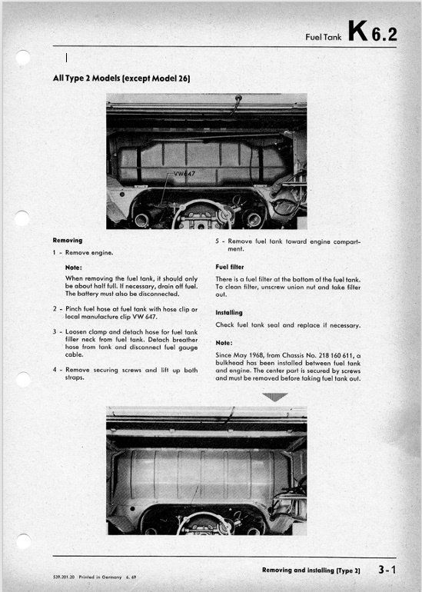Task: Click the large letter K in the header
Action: coord(357,31)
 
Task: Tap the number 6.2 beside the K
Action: coord(384,35)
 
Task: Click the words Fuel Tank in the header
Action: coord(323,37)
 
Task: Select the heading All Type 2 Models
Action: coord(121,78)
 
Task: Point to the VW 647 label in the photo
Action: coord(184,174)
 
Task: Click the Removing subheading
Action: coord(68,240)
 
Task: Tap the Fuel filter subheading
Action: coord(230,267)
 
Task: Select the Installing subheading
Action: coord(229,313)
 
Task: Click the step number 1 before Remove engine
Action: coord(55,253)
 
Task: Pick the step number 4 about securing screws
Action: coord(55,370)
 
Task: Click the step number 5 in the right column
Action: coord(218,241)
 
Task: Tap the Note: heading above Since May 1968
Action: coord(224,343)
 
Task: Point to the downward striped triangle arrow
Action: coord(274,397)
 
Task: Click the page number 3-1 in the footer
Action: coord(387,570)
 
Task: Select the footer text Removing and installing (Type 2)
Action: coord(311,570)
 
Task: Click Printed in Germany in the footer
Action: coord(100,577)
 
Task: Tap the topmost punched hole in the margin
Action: coord(23,58)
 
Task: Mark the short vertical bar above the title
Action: coord(66,58)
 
